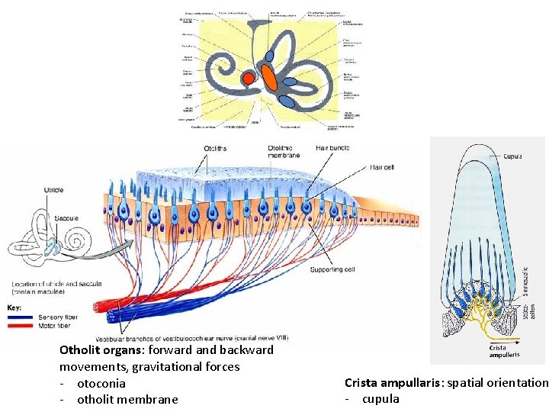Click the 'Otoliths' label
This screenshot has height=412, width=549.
[216, 148]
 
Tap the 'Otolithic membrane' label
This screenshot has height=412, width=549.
[289, 152]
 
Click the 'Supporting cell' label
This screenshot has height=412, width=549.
[333, 269]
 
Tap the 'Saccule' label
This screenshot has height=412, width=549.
[68, 219]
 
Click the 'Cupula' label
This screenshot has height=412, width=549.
[512, 156]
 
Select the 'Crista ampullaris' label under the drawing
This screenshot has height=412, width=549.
[504, 350]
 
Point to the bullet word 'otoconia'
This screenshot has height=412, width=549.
[101, 383]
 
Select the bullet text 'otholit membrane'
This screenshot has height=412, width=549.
[127, 399]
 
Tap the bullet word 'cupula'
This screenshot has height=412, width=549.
[380, 399]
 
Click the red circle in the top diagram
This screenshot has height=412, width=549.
[248, 78]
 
